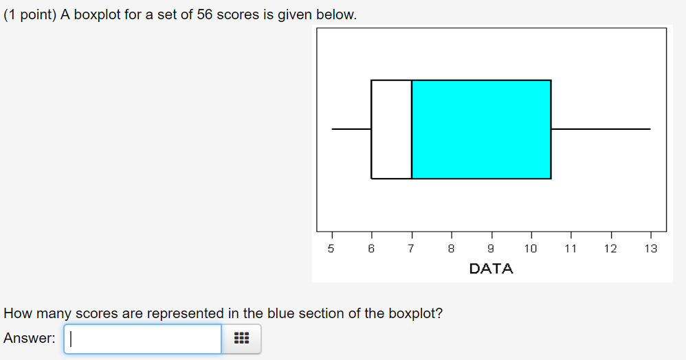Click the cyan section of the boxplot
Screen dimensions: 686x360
coord(481,129)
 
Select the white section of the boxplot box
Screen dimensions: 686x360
coord(392,129)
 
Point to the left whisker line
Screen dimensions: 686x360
coord(351,129)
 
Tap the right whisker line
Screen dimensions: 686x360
coord(601,129)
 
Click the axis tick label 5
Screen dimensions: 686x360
coord(331,249)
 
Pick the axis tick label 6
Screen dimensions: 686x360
coord(371,249)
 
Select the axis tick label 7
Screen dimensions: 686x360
coord(411,249)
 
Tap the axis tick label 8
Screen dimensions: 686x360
coord(451,249)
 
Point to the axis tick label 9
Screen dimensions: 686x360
coord(491,249)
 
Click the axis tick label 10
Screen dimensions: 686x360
coord(531,249)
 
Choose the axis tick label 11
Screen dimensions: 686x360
coord(571,249)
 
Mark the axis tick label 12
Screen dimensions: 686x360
coord(611,249)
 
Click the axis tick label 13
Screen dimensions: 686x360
coord(650,249)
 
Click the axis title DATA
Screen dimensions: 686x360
coord(491,269)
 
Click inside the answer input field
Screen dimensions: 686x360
coord(142,339)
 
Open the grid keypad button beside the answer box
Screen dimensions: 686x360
coord(241,339)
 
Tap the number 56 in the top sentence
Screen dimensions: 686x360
coord(204,15)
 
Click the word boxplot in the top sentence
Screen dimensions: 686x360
coord(97,15)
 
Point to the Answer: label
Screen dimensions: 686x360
coord(30,338)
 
